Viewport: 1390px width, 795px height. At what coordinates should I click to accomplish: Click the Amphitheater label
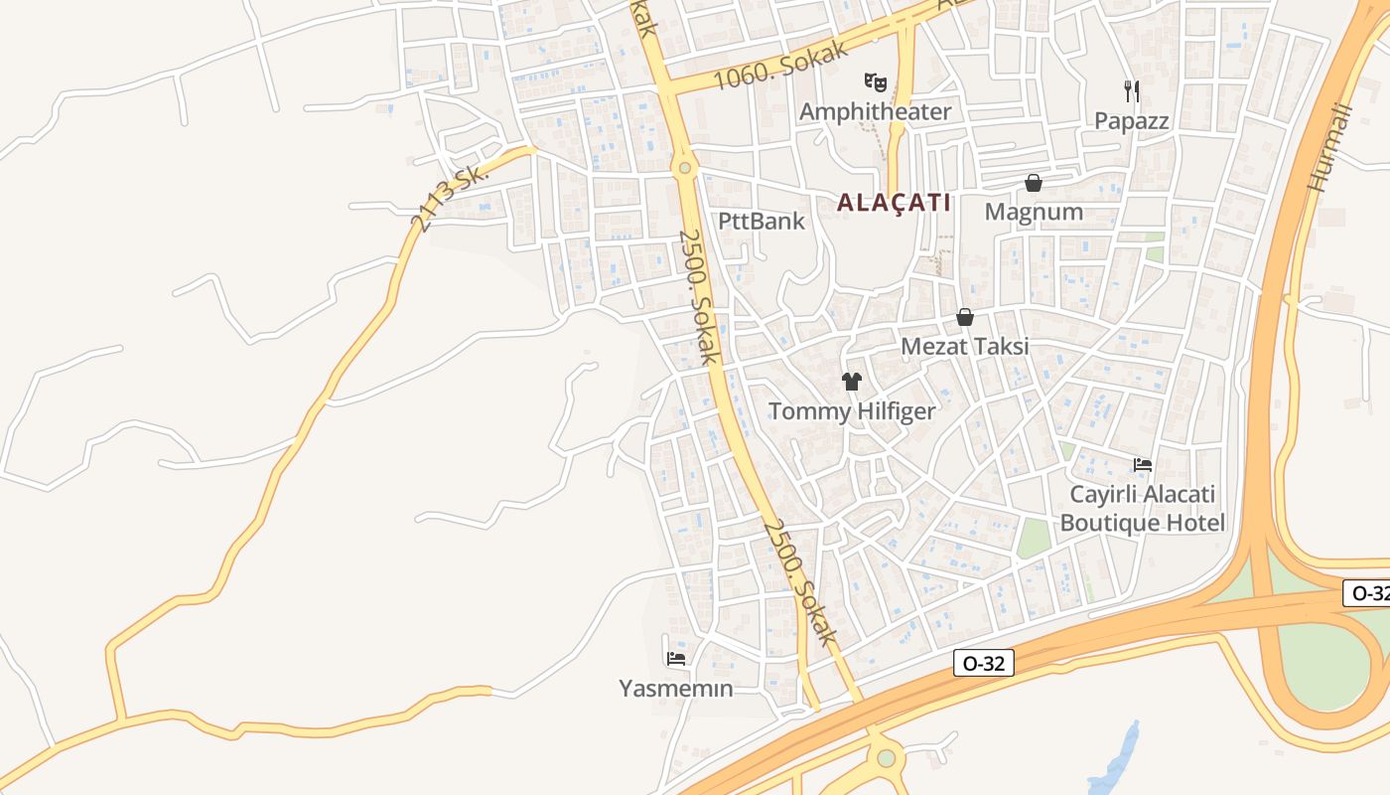875,111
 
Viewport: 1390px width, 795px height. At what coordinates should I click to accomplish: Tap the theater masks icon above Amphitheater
875,81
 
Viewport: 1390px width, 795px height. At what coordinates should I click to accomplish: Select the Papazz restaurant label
1131,121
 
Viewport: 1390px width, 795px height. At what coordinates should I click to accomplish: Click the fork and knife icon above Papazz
1131,91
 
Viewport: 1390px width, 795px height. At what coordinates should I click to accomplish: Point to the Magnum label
1034,212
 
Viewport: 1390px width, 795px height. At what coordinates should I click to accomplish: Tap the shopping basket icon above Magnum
1034,183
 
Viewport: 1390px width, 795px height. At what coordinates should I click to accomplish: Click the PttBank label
762,221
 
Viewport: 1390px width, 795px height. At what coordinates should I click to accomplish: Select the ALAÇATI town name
894,203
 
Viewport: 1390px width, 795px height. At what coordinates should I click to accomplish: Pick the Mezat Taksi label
964,347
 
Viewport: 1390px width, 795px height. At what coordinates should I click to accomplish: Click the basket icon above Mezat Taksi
964,317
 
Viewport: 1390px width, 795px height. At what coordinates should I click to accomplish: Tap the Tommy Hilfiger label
852,411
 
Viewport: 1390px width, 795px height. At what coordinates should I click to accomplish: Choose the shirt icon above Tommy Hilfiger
851,381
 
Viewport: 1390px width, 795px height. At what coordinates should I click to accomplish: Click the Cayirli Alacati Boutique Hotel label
1142,509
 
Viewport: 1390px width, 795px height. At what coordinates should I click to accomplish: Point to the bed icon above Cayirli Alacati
1143,464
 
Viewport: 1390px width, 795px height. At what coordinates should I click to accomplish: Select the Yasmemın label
676,688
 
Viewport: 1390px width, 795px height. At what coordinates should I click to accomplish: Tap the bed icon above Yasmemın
676,658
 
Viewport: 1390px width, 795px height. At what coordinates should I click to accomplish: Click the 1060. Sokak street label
782,65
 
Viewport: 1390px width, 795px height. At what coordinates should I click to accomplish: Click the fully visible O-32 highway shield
984,664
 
